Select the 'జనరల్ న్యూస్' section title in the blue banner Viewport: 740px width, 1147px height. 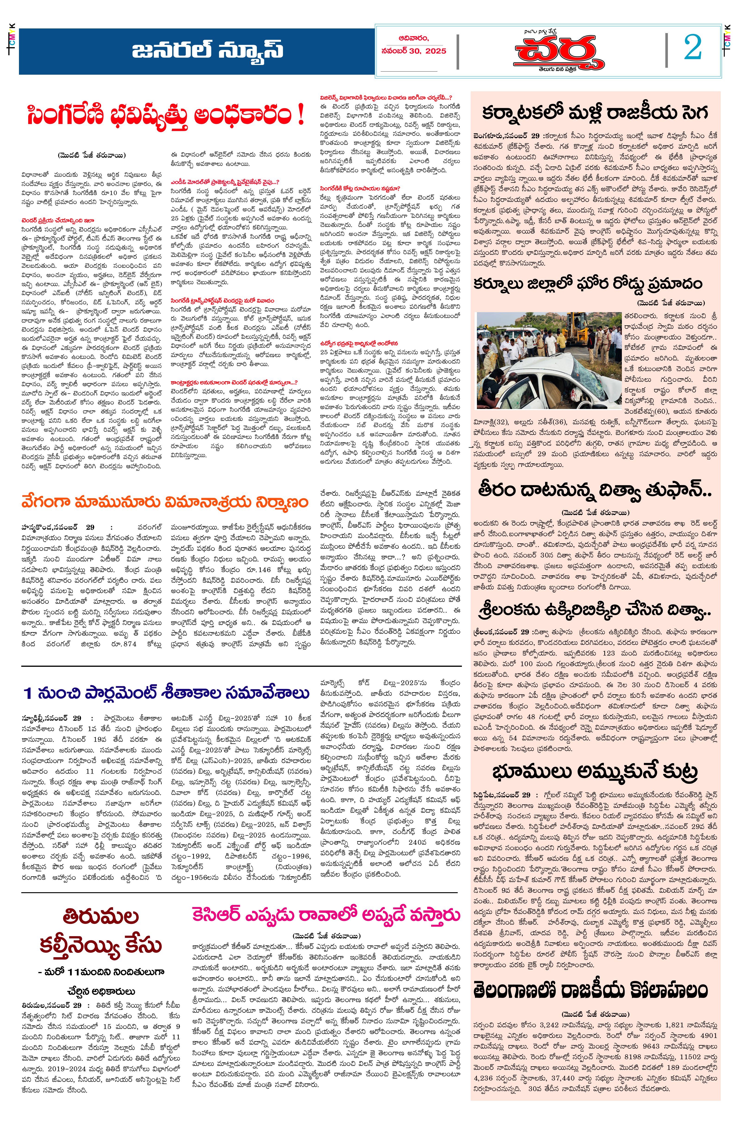coord(208,50)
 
